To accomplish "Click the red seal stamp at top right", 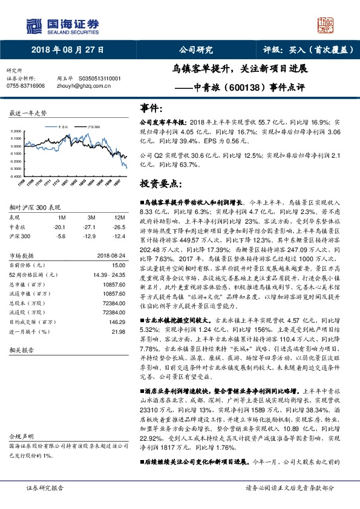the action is click(x=327, y=25).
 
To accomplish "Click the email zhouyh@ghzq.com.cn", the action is click(x=80, y=86).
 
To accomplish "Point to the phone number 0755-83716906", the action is click(x=25, y=86).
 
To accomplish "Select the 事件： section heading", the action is click(x=151, y=108).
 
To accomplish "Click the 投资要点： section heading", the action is click(x=159, y=183).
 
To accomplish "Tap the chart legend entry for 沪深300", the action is click(x=93, y=127).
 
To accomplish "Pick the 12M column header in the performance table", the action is click(x=116, y=216).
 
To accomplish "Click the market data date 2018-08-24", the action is click(x=110, y=256).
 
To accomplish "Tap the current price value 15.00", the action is click(x=118, y=265).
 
